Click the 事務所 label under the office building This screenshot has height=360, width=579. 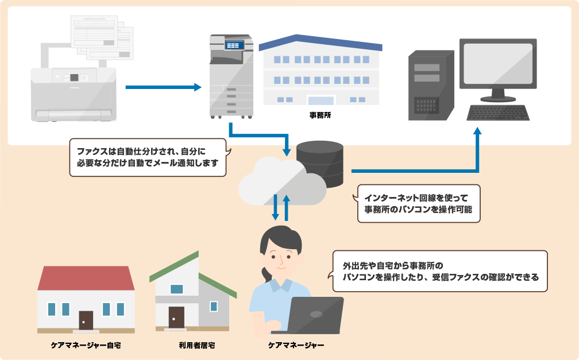click(320, 115)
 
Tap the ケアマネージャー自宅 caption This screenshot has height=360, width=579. click(86, 346)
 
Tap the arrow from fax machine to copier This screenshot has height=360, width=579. click(163, 87)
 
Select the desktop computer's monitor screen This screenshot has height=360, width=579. click(498, 64)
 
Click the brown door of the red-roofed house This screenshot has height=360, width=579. click(86, 320)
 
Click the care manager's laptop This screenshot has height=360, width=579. click(315, 315)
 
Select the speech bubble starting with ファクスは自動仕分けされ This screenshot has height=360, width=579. click(147, 157)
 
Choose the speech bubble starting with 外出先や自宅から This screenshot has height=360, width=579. click(440, 271)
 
